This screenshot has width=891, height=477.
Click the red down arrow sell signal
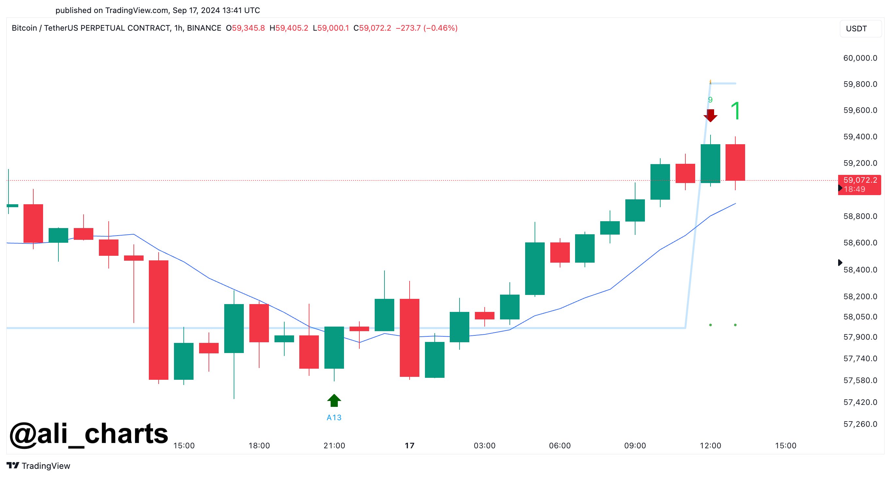710,115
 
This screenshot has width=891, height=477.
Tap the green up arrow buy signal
334,401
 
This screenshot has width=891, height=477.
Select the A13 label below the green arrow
334,418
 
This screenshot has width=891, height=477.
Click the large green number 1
735,111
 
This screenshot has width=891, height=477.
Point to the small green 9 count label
710,100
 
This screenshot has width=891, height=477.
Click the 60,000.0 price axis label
860,58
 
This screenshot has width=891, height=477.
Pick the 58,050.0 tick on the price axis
860,316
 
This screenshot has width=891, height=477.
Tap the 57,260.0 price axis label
860,424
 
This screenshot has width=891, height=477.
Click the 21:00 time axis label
334,446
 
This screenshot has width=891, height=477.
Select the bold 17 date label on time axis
410,446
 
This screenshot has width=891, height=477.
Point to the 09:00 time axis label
635,446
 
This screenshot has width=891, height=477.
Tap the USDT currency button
860,29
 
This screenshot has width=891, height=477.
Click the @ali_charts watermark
88,434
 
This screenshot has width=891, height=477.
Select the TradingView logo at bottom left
39,466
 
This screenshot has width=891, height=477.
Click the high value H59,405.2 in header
289,28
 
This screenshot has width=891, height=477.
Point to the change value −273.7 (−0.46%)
427,28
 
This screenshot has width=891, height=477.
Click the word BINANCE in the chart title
204,28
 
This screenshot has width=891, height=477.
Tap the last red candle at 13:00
735,162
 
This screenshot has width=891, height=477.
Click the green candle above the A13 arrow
334,347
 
